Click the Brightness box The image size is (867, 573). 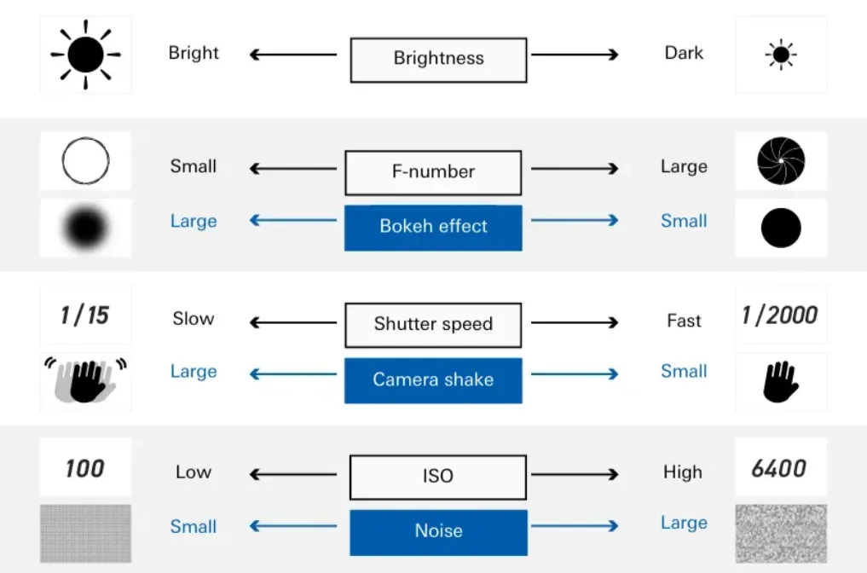[x=438, y=60]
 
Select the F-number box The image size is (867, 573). [x=433, y=172]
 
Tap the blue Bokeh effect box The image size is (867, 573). [x=433, y=228]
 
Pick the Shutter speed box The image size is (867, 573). [x=433, y=325]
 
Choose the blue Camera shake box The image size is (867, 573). [x=433, y=380]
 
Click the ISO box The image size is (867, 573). [x=438, y=477]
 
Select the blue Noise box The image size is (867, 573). [x=438, y=533]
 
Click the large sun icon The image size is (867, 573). [x=86, y=55]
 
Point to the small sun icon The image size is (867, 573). [x=781, y=55]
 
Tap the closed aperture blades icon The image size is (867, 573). [x=781, y=161]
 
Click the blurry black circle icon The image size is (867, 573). [x=86, y=228]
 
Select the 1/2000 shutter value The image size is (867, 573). [x=780, y=315]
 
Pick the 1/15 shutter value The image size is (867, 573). [x=84, y=315]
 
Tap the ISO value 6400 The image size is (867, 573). [x=779, y=468]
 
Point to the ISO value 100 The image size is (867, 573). [x=84, y=468]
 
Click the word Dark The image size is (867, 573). [x=684, y=53]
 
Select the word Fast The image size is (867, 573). [x=684, y=321]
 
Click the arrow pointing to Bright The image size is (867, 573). [x=293, y=55]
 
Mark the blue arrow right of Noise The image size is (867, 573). [x=575, y=525]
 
